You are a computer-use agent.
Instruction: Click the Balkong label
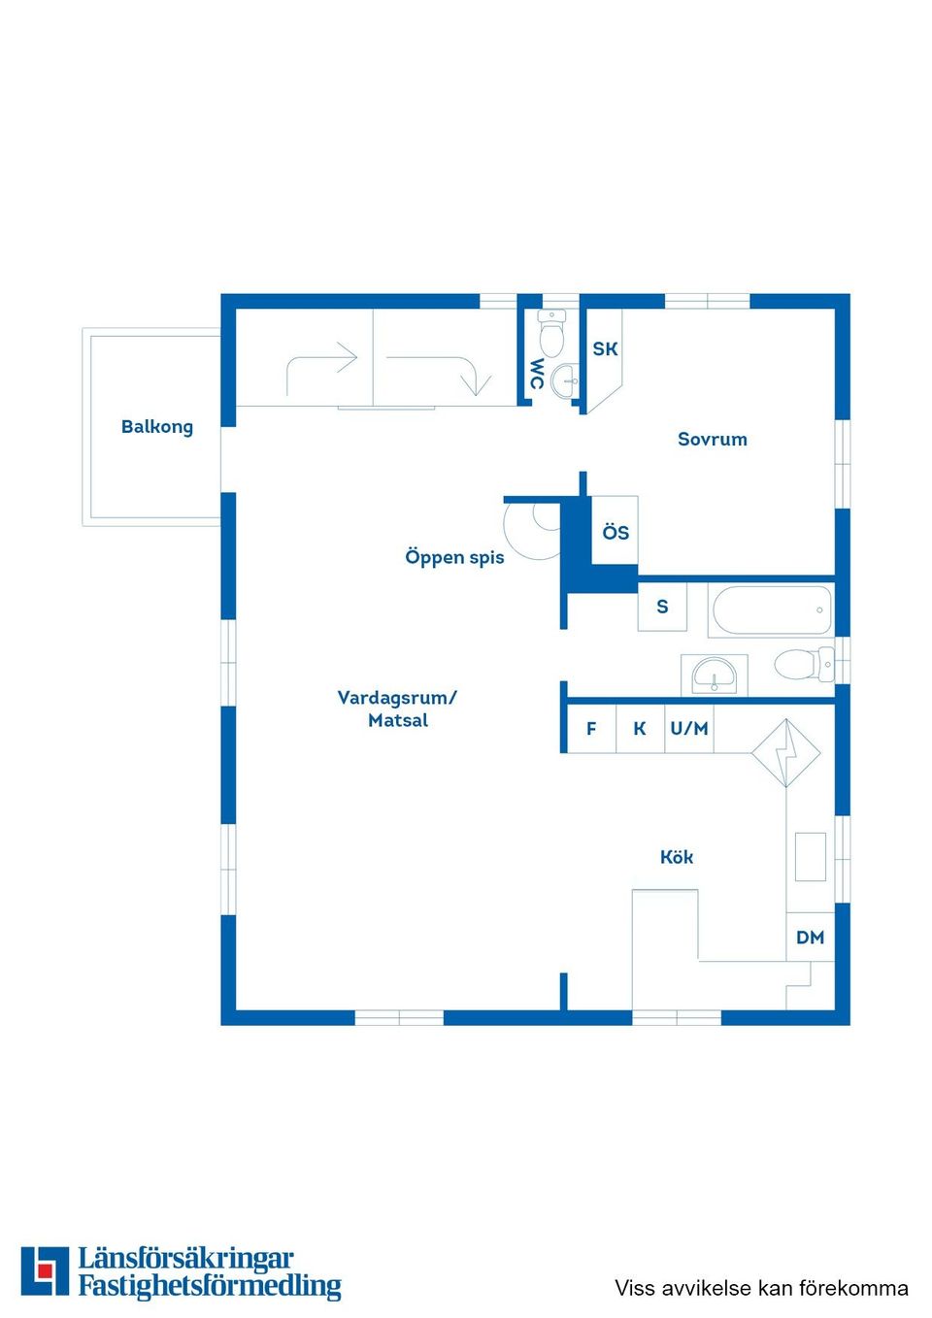point(157,427)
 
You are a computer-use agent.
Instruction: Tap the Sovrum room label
point(713,439)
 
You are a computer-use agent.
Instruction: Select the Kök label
point(677,857)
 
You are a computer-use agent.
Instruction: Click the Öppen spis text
point(454,557)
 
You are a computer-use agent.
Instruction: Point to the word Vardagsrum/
point(397,698)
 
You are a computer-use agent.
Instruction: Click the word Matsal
point(398,720)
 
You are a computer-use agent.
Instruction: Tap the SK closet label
point(605,349)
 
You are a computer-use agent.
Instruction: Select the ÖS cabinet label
point(616,533)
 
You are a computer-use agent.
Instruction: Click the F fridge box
point(591,729)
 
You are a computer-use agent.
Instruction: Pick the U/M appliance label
point(689,729)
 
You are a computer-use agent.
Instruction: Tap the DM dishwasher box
point(811,938)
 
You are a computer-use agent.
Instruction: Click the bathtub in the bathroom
point(772,610)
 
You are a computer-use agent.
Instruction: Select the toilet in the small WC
point(551,334)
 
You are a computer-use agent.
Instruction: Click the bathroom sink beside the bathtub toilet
point(714,675)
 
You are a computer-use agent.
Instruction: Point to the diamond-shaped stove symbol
point(786,752)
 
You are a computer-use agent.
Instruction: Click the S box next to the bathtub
point(662,607)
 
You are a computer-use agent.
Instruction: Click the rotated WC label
point(537,375)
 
